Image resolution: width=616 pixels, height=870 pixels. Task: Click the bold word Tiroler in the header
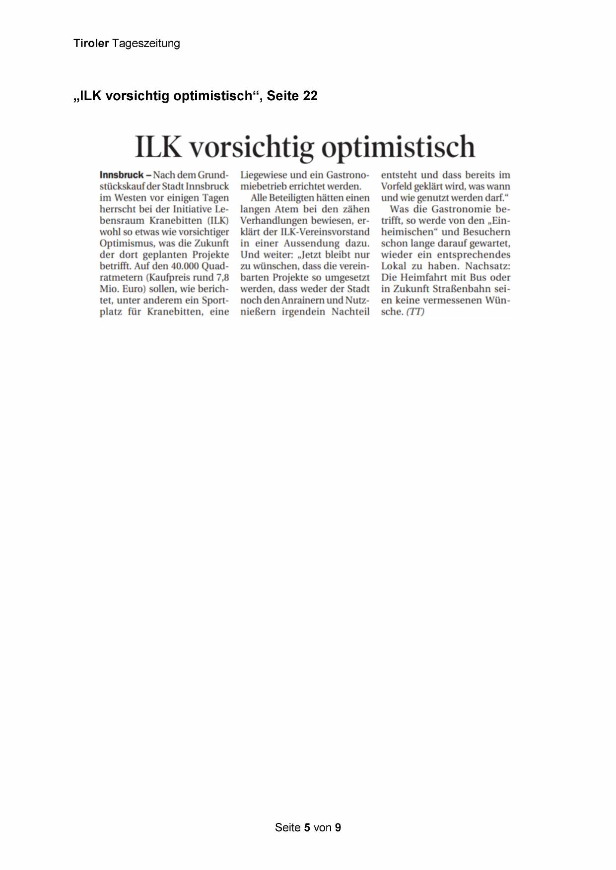(x=91, y=44)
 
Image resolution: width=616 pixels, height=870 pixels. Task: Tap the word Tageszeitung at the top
(x=146, y=44)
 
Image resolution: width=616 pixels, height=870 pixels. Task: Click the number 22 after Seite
(x=310, y=96)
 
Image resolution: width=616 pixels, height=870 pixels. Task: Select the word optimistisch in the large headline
(x=398, y=147)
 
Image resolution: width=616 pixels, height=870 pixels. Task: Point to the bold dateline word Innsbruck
(x=122, y=175)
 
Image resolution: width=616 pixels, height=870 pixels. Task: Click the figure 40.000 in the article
(x=186, y=266)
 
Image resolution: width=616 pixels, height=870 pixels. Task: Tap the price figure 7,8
(x=223, y=278)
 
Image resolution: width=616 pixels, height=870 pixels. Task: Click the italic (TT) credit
(x=415, y=312)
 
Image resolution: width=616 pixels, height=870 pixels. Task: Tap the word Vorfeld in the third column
(x=398, y=186)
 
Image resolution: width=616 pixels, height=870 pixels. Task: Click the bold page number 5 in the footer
(x=307, y=827)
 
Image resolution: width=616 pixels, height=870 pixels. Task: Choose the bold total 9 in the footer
(x=338, y=827)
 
